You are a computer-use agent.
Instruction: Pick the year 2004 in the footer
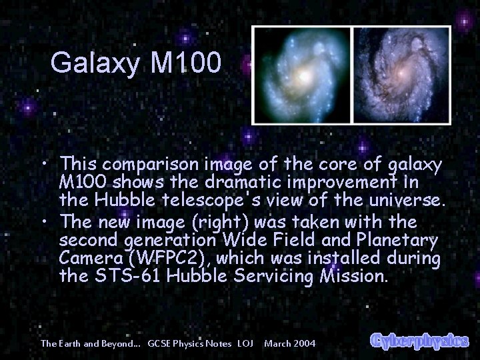(x=305, y=343)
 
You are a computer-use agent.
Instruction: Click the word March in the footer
(x=277, y=343)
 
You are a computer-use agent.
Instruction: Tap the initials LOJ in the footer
(x=245, y=343)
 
